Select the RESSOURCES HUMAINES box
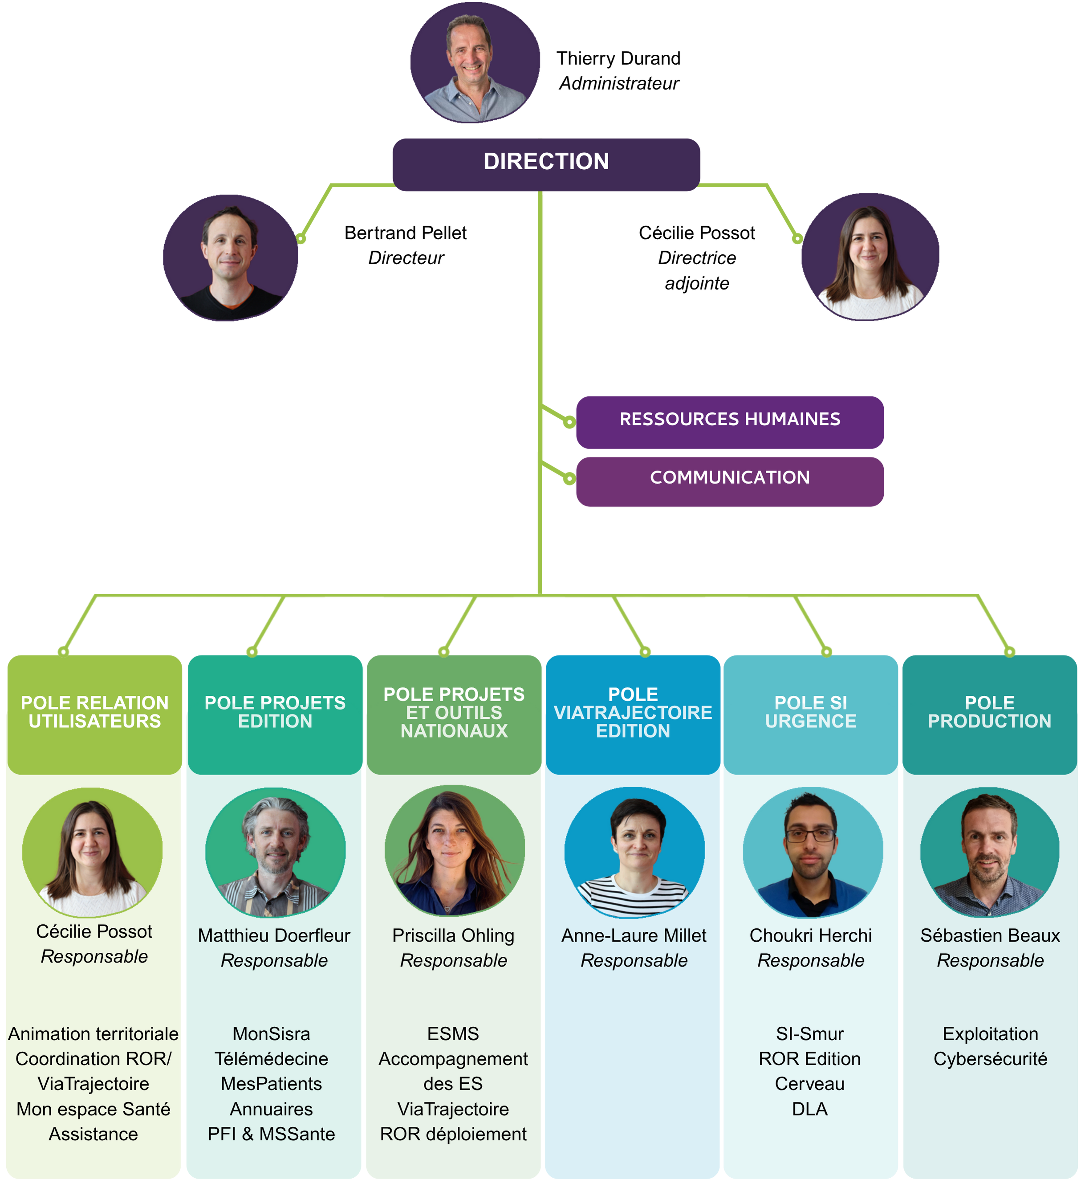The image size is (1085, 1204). tap(729, 420)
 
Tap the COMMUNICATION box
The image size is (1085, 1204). tap(729, 478)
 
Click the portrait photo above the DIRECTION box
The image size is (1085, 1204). tap(475, 63)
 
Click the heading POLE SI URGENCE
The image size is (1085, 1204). tap(810, 712)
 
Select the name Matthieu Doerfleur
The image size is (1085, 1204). tap(274, 936)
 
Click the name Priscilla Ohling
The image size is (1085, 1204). tap(453, 936)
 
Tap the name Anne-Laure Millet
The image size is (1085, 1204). tap(634, 936)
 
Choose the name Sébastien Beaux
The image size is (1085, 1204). tap(990, 936)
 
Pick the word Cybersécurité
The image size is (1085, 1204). tap(990, 1059)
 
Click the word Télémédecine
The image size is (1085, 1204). tap(271, 1059)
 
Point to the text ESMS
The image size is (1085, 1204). tap(453, 1034)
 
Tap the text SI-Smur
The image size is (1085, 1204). tap(809, 1034)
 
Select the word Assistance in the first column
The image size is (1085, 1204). tap(93, 1134)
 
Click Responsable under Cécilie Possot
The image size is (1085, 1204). tap(94, 956)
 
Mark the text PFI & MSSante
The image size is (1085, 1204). tap(271, 1134)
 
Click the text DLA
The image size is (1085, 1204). tap(809, 1109)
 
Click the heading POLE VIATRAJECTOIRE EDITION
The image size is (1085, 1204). tap(633, 713)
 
